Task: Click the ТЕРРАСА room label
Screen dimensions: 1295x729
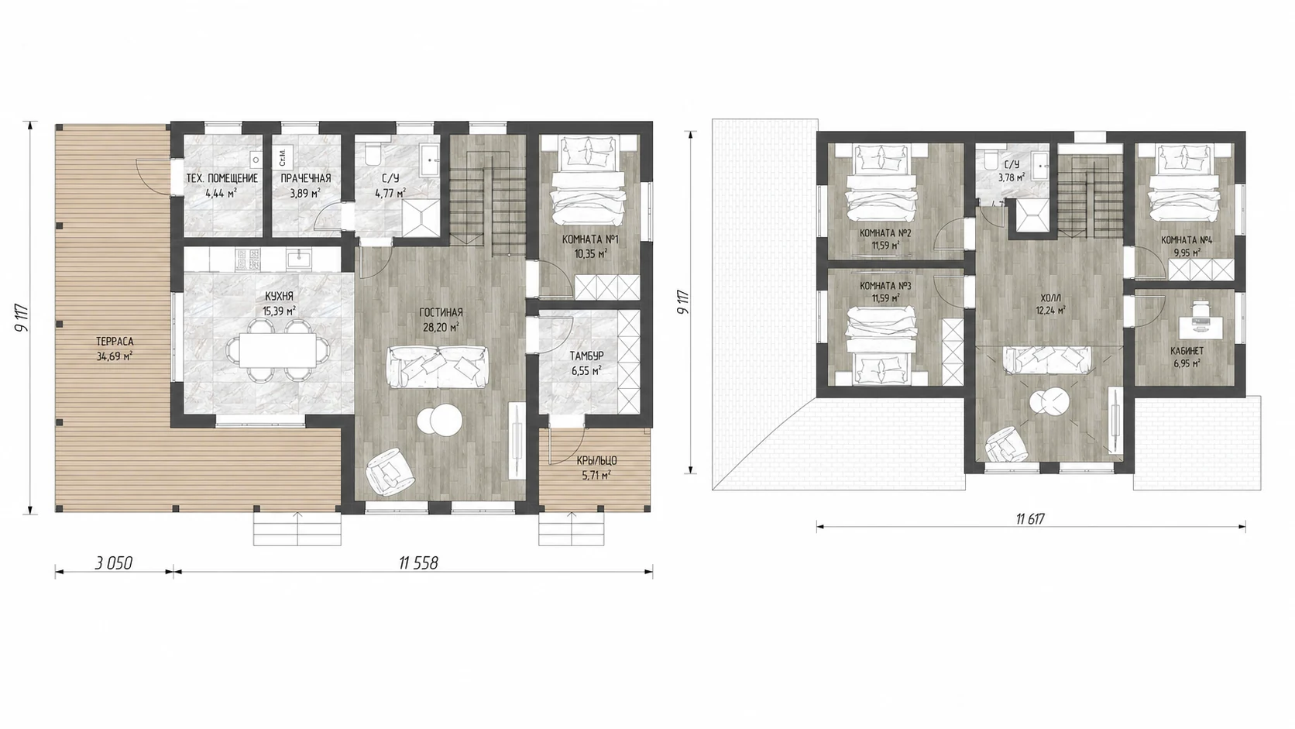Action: [115, 342]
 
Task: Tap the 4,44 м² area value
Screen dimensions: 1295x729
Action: [222, 193]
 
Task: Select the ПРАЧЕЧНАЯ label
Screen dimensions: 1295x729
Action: [306, 178]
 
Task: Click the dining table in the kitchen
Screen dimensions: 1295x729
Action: [278, 349]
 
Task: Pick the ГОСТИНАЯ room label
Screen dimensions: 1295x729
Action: [441, 313]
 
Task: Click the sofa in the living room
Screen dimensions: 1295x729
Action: [437, 367]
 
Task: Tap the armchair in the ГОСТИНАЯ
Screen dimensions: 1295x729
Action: [390, 472]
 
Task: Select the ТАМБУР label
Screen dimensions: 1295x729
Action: [586, 356]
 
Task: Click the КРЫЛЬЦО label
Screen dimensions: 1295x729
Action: [596, 461]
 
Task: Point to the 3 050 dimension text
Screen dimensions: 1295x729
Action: [114, 562]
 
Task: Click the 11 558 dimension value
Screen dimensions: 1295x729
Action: [418, 562]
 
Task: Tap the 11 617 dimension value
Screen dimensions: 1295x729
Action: [1030, 518]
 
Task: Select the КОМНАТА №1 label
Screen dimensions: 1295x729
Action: [590, 239]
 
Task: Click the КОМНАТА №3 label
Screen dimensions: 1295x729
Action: [885, 286]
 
